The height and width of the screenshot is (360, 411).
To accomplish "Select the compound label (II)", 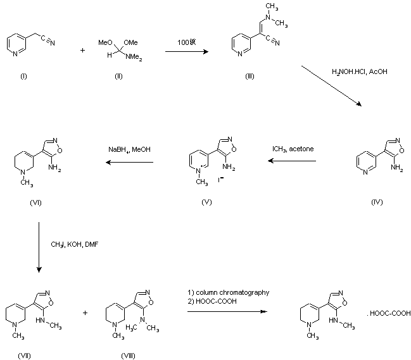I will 118,76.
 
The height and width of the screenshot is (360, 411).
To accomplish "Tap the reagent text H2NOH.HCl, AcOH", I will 359,72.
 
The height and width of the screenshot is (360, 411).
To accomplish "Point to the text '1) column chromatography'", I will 228,292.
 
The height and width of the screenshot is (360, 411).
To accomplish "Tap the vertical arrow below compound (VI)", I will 39,247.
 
